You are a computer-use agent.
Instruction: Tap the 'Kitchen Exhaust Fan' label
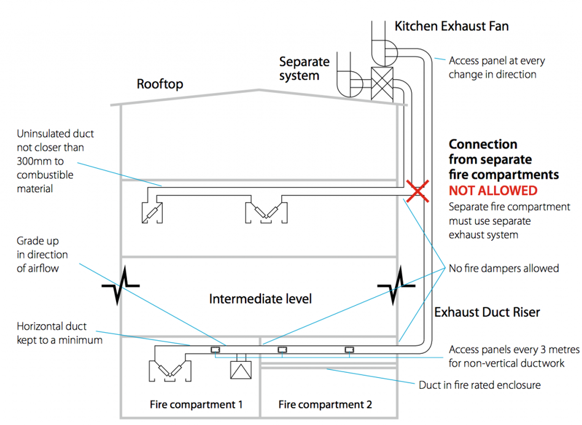[451, 26]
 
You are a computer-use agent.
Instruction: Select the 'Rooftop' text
[160, 84]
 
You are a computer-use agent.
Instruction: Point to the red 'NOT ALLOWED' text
[492, 190]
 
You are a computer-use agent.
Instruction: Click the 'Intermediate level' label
[260, 299]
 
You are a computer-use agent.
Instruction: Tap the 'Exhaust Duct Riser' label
[487, 312]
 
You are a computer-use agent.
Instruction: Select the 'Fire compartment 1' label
[196, 405]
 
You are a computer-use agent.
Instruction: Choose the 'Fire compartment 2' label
[325, 405]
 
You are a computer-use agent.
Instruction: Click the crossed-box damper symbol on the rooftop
[382, 82]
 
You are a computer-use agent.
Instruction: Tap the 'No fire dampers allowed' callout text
[503, 268]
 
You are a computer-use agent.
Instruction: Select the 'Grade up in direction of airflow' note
[42, 254]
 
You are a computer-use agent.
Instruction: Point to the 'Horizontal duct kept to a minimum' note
[59, 333]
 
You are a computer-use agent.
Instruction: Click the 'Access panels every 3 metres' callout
[514, 356]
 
